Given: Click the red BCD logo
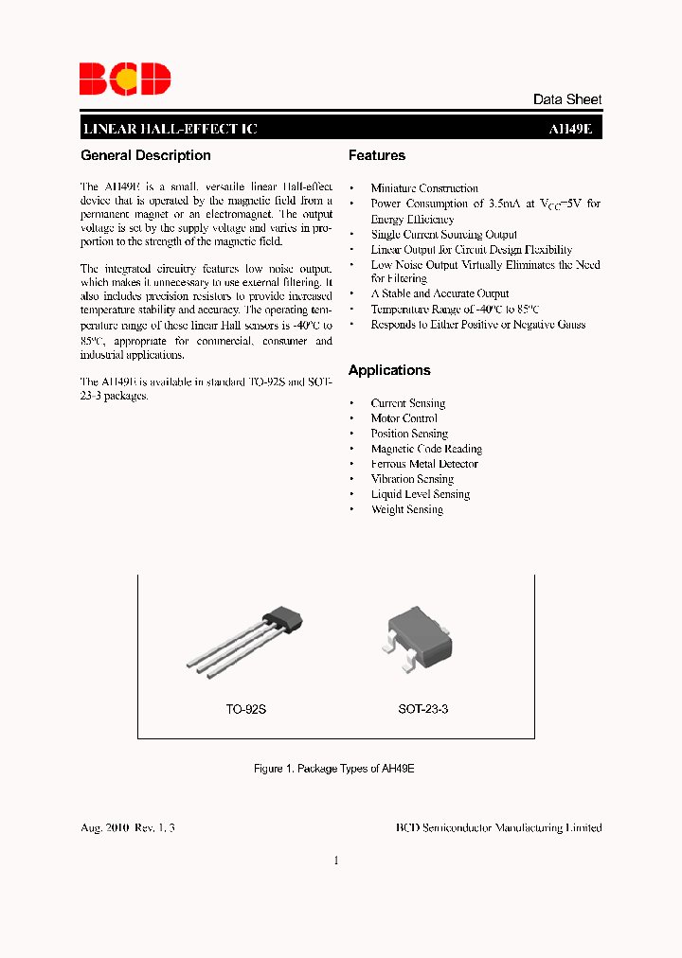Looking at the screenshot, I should click(124, 79).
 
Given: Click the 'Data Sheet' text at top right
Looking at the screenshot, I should click(566, 99).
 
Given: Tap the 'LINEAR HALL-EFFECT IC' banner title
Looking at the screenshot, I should click(170, 129).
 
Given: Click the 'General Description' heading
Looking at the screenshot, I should click(146, 155).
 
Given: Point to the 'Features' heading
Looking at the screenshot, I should click(376, 155).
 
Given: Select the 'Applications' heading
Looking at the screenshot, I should click(389, 370).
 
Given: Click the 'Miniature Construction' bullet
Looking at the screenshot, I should click(424, 188).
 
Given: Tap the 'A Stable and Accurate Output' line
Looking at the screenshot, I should click(440, 293).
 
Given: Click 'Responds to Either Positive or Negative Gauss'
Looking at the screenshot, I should click(477, 325).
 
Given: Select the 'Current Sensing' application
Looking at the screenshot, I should click(407, 403).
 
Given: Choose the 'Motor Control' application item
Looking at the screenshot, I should click(404, 418).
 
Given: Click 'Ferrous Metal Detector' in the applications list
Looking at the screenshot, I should click(424, 464).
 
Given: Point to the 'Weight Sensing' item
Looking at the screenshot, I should click(406, 509).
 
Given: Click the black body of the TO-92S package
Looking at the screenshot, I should click(283, 620).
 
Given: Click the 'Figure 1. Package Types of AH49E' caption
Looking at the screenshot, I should click(334, 769).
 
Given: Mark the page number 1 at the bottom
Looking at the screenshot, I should click(336, 860).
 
